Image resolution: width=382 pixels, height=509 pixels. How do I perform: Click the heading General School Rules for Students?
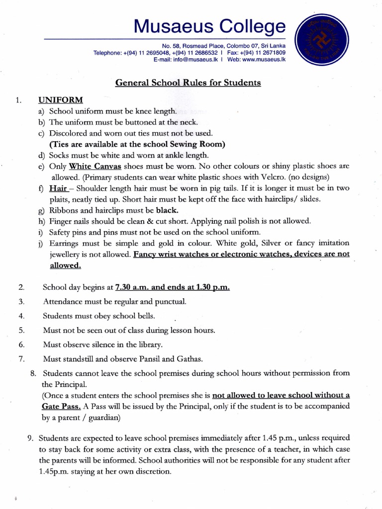[x=188, y=83]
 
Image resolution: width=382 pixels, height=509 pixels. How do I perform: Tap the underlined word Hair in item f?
[x=57, y=188]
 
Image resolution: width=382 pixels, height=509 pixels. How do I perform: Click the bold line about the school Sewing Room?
[x=137, y=144]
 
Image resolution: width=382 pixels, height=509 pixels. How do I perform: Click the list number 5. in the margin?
[x=21, y=330]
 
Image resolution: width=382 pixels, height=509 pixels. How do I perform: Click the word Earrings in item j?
[x=66, y=243]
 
